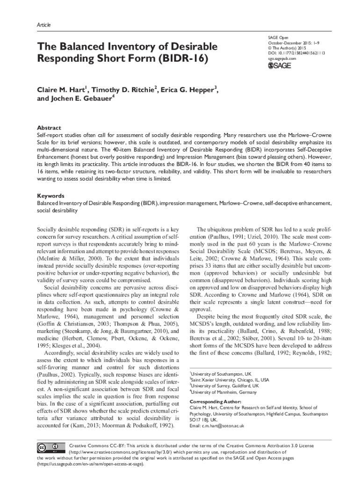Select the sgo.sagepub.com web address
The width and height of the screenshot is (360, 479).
(282, 59)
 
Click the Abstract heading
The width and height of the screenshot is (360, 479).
(49, 127)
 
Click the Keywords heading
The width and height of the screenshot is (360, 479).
(51, 196)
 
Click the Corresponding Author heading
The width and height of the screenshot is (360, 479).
(215, 402)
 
